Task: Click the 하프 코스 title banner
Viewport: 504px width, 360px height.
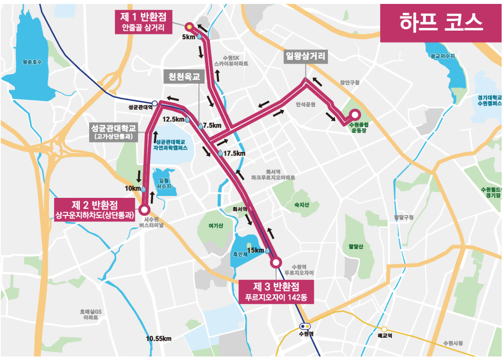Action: [441, 23]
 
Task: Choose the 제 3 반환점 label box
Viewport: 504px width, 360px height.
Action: [276, 292]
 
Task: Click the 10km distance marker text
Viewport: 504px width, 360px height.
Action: [132, 188]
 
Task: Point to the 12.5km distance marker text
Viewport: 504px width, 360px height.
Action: [173, 119]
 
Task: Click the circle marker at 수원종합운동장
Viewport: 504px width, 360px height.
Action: [355, 115]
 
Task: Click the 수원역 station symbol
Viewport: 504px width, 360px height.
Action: [305, 326]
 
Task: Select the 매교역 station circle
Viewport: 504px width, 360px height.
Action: [384, 329]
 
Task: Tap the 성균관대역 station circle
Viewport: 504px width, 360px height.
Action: [155, 103]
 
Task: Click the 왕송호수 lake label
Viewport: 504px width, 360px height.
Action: [32, 62]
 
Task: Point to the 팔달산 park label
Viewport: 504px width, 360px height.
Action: [356, 247]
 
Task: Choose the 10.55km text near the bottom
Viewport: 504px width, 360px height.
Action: [159, 338]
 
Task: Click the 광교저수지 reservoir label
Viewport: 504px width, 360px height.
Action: [442, 57]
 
